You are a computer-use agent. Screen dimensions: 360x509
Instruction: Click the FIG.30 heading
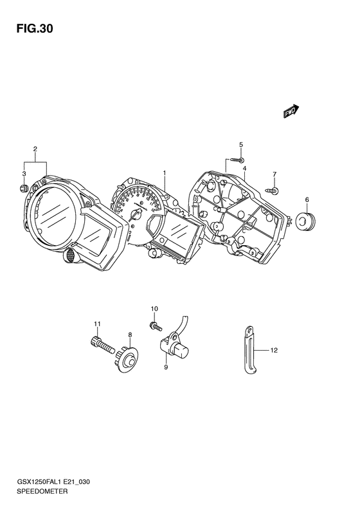(x=35, y=28)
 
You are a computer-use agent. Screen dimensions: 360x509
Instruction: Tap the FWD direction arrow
(x=291, y=111)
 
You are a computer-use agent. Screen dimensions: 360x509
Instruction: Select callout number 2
(x=35, y=149)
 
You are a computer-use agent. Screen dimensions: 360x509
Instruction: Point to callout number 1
(x=165, y=173)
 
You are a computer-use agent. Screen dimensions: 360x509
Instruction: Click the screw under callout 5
(x=237, y=160)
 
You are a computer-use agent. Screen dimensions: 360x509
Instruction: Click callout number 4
(x=244, y=168)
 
